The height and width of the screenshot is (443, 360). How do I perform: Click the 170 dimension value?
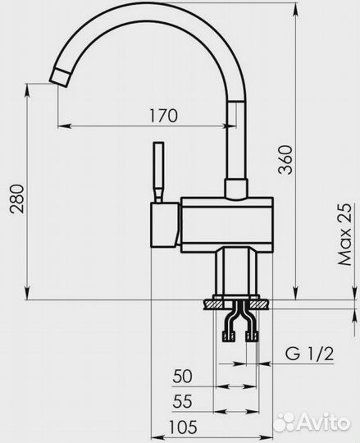(x=163, y=116)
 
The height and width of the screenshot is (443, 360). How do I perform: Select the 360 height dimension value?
(x=285, y=160)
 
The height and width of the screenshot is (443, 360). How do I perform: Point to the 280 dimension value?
(x=16, y=199)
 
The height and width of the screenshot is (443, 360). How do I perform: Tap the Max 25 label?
(x=345, y=234)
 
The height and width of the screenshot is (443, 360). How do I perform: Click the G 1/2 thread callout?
(x=309, y=354)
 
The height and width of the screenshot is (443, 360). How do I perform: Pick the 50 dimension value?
(x=182, y=376)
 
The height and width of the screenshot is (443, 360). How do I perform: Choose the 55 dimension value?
(x=183, y=401)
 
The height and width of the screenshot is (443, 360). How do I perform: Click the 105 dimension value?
(x=183, y=427)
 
